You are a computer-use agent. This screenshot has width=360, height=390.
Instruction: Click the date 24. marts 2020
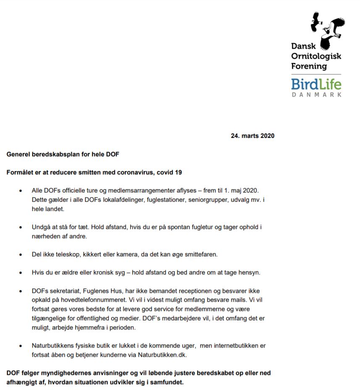pos(252,136)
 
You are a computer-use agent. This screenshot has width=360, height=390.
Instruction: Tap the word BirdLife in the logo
pos(316,84)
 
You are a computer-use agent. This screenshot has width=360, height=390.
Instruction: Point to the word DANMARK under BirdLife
pos(316,95)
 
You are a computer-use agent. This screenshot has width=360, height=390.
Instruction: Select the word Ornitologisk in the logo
pos(316,56)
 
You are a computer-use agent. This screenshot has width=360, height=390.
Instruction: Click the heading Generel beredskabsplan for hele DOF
pos(63,154)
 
